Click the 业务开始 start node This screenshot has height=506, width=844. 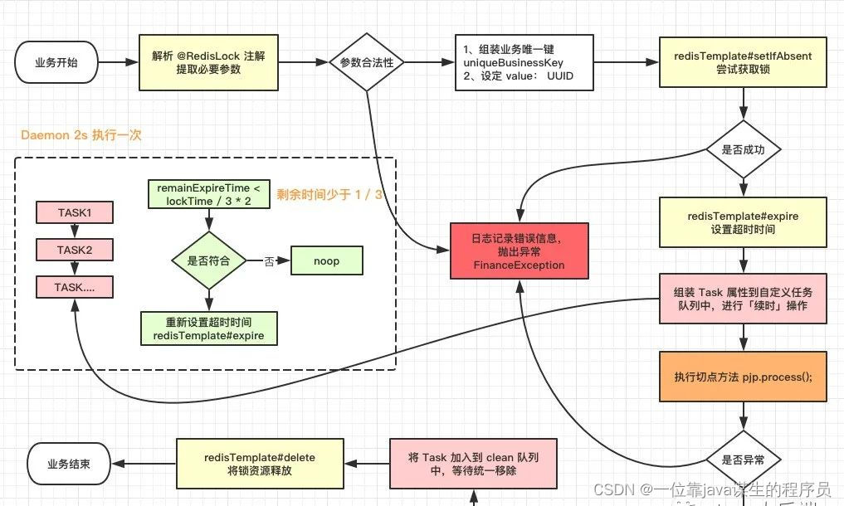coord(56,62)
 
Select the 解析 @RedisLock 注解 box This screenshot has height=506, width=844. coord(208,62)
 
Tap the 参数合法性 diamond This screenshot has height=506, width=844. coord(366,62)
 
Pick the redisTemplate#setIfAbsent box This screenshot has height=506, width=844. coord(743,62)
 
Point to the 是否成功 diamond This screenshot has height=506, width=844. coord(743,150)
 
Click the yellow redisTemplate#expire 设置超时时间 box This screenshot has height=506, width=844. coord(743,222)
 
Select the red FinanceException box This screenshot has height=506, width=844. coord(519,251)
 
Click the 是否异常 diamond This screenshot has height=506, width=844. coord(743,458)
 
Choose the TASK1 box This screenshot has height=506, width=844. coord(74,212)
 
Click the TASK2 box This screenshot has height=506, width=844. coord(74,250)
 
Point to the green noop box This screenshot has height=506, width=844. coord(326,260)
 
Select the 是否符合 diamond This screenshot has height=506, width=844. coord(209,260)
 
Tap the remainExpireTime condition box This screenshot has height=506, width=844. coord(208,195)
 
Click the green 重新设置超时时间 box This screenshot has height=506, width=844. coord(208,328)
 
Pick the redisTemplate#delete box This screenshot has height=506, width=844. coord(259,465)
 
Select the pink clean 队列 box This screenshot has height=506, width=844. coord(474,465)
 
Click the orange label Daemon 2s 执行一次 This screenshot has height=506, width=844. coord(81,134)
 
